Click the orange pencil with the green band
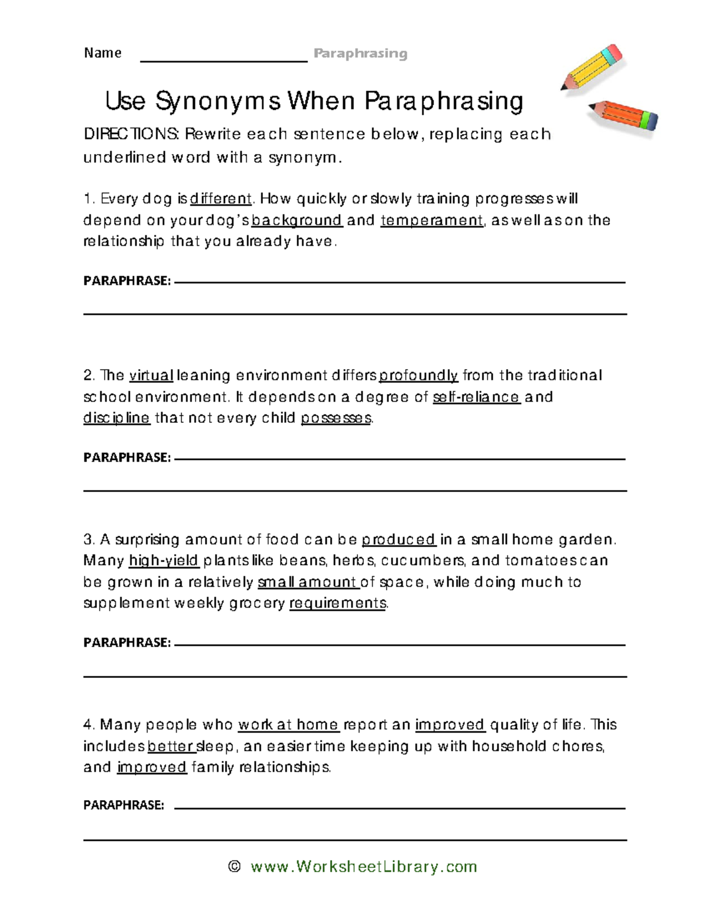click(623, 115)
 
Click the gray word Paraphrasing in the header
click(360, 54)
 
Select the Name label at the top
click(103, 53)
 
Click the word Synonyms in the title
click(218, 101)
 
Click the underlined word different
click(221, 199)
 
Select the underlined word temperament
click(432, 220)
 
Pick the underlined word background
click(297, 220)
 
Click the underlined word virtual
click(151, 376)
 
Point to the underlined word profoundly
click(418, 376)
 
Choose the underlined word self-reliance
click(476, 397)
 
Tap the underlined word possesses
click(336, 418)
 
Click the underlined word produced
click(399, 540)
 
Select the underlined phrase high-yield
click(164, 560)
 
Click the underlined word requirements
click(337, 603)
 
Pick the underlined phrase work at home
click(288, 725)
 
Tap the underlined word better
click(171, 746)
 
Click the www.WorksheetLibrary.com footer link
click(363, 866)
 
